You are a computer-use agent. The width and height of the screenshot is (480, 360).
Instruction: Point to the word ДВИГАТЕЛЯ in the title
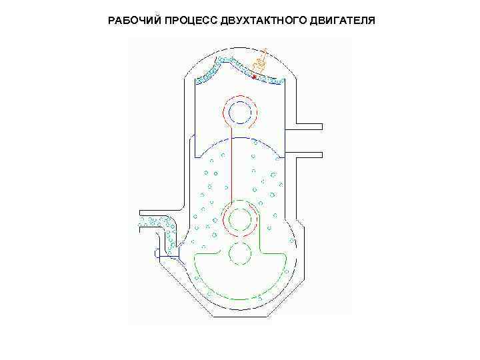[343, 20]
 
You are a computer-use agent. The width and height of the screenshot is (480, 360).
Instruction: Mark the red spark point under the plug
[254, 77]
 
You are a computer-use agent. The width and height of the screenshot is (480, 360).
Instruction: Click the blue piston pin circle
[238, 113]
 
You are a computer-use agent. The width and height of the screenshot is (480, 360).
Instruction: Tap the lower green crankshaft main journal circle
[239, 253]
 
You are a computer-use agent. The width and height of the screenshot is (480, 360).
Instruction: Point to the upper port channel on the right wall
[307, 125]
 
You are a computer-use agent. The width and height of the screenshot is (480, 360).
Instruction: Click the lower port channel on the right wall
[307, 154]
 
